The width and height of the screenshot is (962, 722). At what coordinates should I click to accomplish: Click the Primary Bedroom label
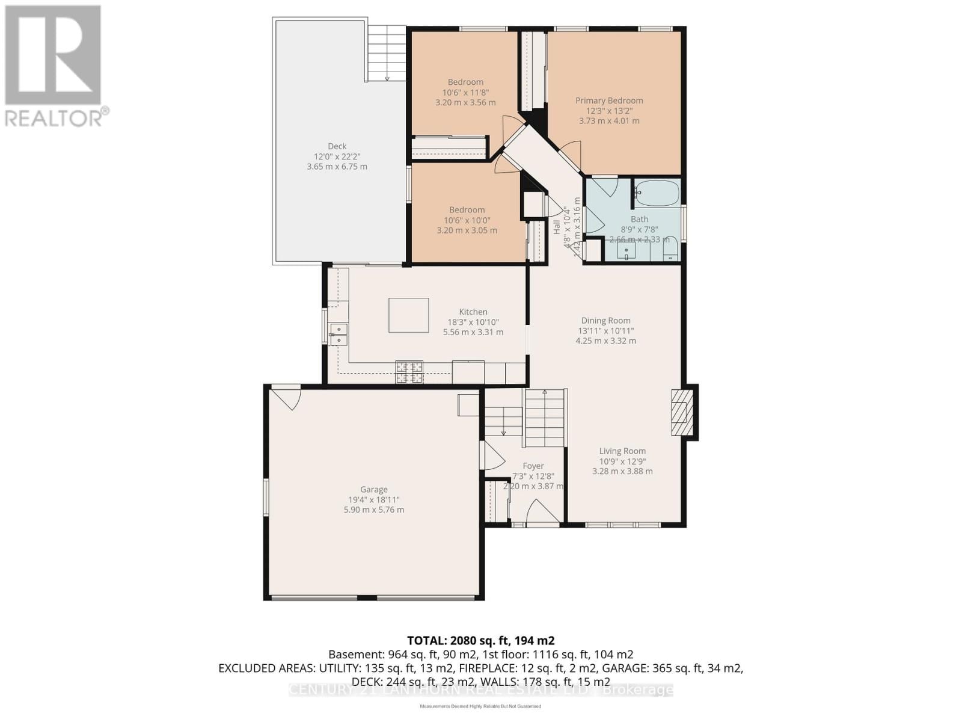tap(609, 100)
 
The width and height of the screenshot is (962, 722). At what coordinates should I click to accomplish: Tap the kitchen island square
tap(408, 315)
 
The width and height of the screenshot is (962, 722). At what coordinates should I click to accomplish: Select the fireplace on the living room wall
tap(682, 412)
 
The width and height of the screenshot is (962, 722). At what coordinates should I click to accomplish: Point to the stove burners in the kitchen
tap(409, 371)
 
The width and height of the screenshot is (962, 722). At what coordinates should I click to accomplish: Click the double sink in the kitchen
tap(339, 335)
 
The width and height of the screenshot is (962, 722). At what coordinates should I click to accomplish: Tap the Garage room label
tap(373, 489)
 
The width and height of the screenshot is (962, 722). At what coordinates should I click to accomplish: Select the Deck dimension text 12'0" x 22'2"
tap(337, 156)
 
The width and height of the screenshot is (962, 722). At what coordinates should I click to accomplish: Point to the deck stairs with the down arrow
tap(386, 54)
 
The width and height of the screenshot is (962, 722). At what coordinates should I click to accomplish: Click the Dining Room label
tap(605, 321)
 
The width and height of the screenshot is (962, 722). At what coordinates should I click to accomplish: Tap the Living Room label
tap(622, 451)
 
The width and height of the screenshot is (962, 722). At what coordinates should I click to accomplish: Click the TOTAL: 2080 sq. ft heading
tap(480, 640)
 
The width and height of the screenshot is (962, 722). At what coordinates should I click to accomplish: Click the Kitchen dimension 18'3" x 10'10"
tap(473, 322)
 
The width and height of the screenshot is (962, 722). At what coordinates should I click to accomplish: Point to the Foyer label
tap(533, 466)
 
